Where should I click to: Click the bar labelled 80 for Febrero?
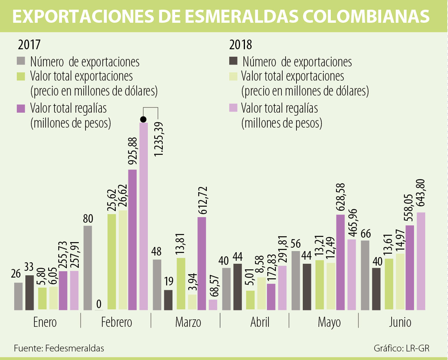(x=88, y=268)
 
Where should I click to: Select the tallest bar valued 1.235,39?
(x=144, y=216)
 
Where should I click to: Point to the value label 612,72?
(x=202, y=200)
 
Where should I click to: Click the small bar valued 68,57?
(x=213, y=305)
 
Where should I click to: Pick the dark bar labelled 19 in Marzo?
(x=168, y=300)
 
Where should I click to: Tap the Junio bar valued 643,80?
(x=421, y=261)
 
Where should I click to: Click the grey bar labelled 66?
(x=365, y=275)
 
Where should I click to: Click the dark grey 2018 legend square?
(x=233, y=61)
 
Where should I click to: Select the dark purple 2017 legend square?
(x=21, y=109)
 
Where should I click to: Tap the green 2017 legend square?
(x=21, y=76)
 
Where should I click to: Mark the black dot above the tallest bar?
(x=143, y=119)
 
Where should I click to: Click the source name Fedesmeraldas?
(x=75, y=348)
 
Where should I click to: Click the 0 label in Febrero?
(x=99, y=303)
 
